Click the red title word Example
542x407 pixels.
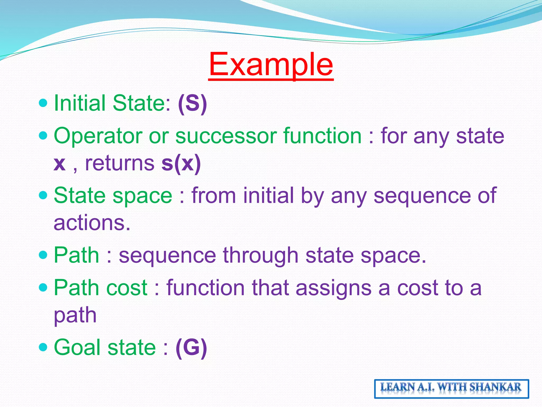tap(271, 64)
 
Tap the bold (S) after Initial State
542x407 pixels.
tap(192, 103)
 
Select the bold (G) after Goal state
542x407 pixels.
tap(191, 347)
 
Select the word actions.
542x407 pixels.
tap(92, 223)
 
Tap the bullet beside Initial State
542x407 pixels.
tap(43, 103)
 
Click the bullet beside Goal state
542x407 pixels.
tap(43, 347)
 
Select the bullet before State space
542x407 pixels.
tap(43, 196)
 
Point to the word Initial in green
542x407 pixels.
tap(80, 103)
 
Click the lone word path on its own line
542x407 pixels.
tap(75, 316)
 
